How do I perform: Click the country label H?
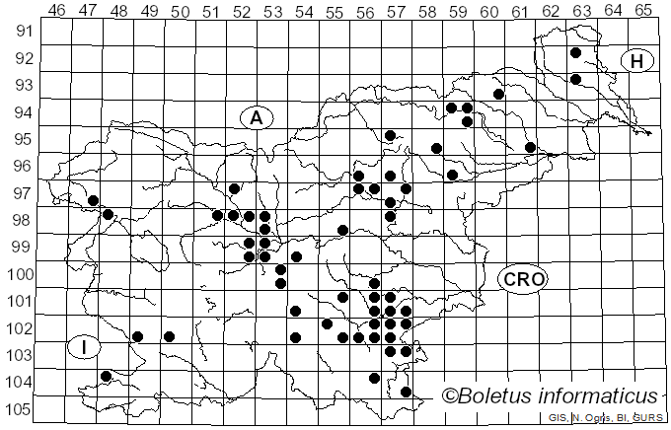click(x=637, y=62)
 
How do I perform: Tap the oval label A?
click(x=256, y=118)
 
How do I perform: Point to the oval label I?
click(x=85, y=346)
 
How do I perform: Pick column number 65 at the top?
click(x=642, y=11)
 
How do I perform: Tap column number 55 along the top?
click(x=334, y=11)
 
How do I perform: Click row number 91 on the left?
click(x=23, y=31)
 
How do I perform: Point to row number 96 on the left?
click(x=23, y=166)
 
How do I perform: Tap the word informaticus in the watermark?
click(x=600, y=396)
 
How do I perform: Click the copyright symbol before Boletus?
click(x=451, y=396)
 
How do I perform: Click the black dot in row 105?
click(x=406, y=392)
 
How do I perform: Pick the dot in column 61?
click(x=530, y=147)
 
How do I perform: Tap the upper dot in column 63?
click(x=575, y=53)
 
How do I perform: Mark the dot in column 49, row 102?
click(x=170, y=336)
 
